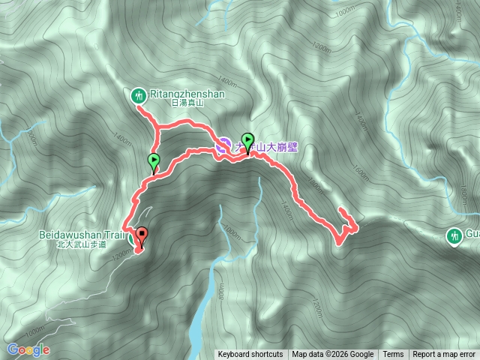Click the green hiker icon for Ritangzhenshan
(138, 94)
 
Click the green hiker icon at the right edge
(454, 235)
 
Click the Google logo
(28, 349)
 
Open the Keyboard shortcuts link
(250, 355)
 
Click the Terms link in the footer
(393, 355)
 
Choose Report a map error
(444, 355)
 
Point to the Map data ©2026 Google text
(333, 355)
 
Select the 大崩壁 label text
(282, 148)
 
